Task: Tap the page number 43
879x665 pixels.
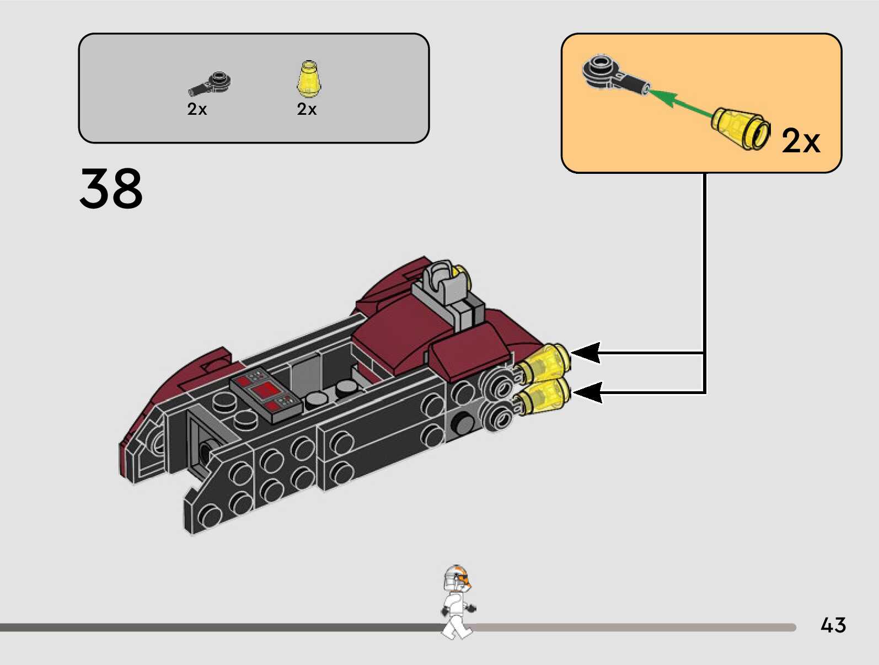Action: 833,625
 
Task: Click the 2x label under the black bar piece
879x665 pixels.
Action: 197,109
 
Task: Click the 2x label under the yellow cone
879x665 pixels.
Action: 307,109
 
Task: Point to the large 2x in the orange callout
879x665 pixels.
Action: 801,141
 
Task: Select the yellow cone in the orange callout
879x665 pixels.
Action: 740,127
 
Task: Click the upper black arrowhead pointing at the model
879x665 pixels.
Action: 587,352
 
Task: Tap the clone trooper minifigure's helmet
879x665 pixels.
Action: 457,578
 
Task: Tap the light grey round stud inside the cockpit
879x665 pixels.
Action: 315,398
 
